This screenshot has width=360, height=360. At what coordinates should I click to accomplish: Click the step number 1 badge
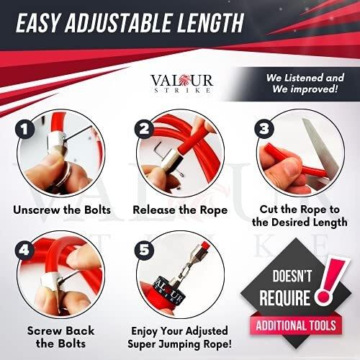[25, 129]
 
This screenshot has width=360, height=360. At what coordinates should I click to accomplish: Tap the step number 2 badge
[144, 129]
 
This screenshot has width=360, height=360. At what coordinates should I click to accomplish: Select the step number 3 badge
[264, 128]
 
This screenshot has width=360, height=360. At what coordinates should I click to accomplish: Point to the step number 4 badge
[25, 250]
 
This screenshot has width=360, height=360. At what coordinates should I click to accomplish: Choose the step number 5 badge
[144, 250]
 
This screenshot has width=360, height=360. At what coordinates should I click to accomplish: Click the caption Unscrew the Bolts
[62, 210]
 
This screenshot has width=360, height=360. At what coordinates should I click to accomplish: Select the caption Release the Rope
[180, 210]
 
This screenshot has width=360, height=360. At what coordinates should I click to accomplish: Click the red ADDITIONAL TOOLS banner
[296, 325]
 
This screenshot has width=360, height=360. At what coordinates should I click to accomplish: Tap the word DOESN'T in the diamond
[292, 276]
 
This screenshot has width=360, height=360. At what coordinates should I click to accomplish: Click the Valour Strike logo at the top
[181, 83]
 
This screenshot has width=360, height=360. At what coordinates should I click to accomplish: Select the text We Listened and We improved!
[305, 84]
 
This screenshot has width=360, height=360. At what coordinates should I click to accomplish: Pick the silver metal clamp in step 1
[55, 142]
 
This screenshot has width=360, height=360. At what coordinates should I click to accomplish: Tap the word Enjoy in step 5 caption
[145, 331]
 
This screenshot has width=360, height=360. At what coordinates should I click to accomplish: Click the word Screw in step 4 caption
[42, 330]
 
